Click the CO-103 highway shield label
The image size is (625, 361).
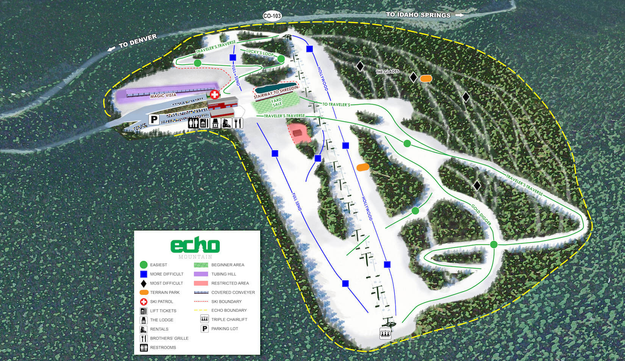tap(272, 16)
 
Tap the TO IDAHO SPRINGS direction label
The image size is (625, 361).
tap(418, 15)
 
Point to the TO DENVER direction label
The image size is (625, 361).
tap(137, 41)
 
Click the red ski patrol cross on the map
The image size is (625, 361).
tap(214, 95)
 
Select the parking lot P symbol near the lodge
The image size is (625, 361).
tap(154, 120)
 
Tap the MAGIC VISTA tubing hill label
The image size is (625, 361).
tap(163, 95)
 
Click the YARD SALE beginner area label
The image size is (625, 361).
tap(277, 102)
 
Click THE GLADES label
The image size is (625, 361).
tap(387, 72)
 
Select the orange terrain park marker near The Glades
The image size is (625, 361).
tap(426, 78)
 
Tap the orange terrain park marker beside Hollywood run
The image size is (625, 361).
tap(363, 167)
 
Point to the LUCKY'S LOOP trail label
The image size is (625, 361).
tap(259, 52)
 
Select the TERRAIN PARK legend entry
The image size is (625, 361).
tap(165, 293)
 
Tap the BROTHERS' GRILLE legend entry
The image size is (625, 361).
tap(169, 338)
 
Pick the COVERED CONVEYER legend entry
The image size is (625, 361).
tap(233, 293)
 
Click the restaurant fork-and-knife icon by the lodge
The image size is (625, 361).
tap(238, 123)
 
